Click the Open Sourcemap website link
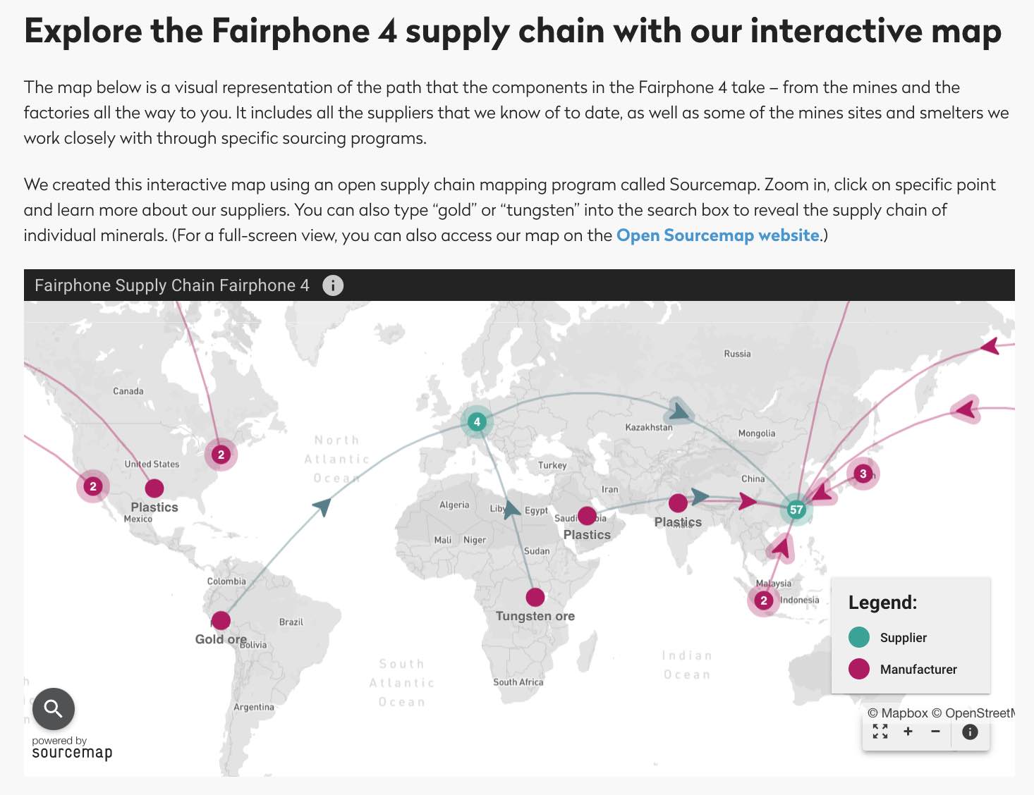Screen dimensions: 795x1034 pyautogui.click(x=718, y=235)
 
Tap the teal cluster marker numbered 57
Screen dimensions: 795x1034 pyautogui.click(x=796, y=510)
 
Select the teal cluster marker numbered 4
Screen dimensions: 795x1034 pyautogui.click(x=477, y=422)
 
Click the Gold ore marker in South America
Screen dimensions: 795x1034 pyautogui.click(x=221, y=620)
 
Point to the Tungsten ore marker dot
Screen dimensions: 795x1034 pyautogui.click(x=535, y=597)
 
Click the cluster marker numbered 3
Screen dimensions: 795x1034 pyautogui.click(x=863, y=474)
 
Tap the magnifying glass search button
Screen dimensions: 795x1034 pyautogui.click(x=54, y=708)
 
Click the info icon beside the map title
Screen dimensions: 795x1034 pyautogui.click(x=333, y=285)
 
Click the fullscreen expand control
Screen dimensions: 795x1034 pyautogui.click(x=880, y=732)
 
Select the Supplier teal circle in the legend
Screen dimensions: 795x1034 pyautogui.click(x=859, y=637)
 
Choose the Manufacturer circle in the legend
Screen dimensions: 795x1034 pyautogui.click(x=859, y=669)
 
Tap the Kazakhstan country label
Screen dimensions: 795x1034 pyautogui.click(x=649, y=427)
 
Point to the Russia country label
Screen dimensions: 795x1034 pyautogui.click(x=737, y=354)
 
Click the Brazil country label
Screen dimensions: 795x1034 pyautogui.click(x=291, y=622)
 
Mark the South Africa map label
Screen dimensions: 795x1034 pyautogui.click(x=518, y=682)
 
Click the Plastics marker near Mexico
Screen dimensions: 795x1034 pyautogui.click(x=154, y=488)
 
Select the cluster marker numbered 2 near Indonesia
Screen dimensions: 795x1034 pyautogui.click(x=763, y=600)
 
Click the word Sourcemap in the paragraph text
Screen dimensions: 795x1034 pyautogui.click(x=714, y=185)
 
